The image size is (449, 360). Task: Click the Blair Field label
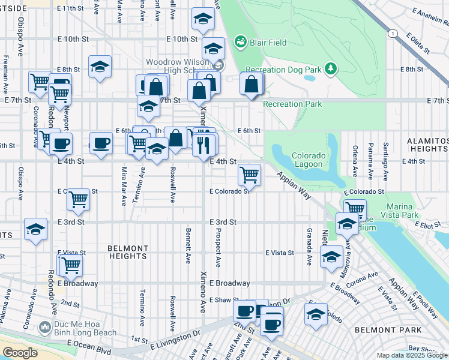(x=269, y=43)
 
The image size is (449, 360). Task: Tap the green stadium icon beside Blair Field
(x=241, y=41)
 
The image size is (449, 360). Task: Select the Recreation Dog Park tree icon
(x=330, y=70)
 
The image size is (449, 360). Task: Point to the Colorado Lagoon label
(x=309, y=160)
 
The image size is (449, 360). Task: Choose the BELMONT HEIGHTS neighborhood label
(x=127, y=252)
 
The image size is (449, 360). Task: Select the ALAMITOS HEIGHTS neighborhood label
(x=427, y=145)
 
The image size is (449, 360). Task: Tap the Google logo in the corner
(x=20, y=353)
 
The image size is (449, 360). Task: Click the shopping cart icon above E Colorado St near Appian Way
(x=249, y=175)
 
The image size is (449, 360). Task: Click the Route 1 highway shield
(x=392, y=34)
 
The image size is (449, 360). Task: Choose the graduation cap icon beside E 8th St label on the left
(x=100, y=66)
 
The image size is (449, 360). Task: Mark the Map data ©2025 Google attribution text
(x=411, y=355)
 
